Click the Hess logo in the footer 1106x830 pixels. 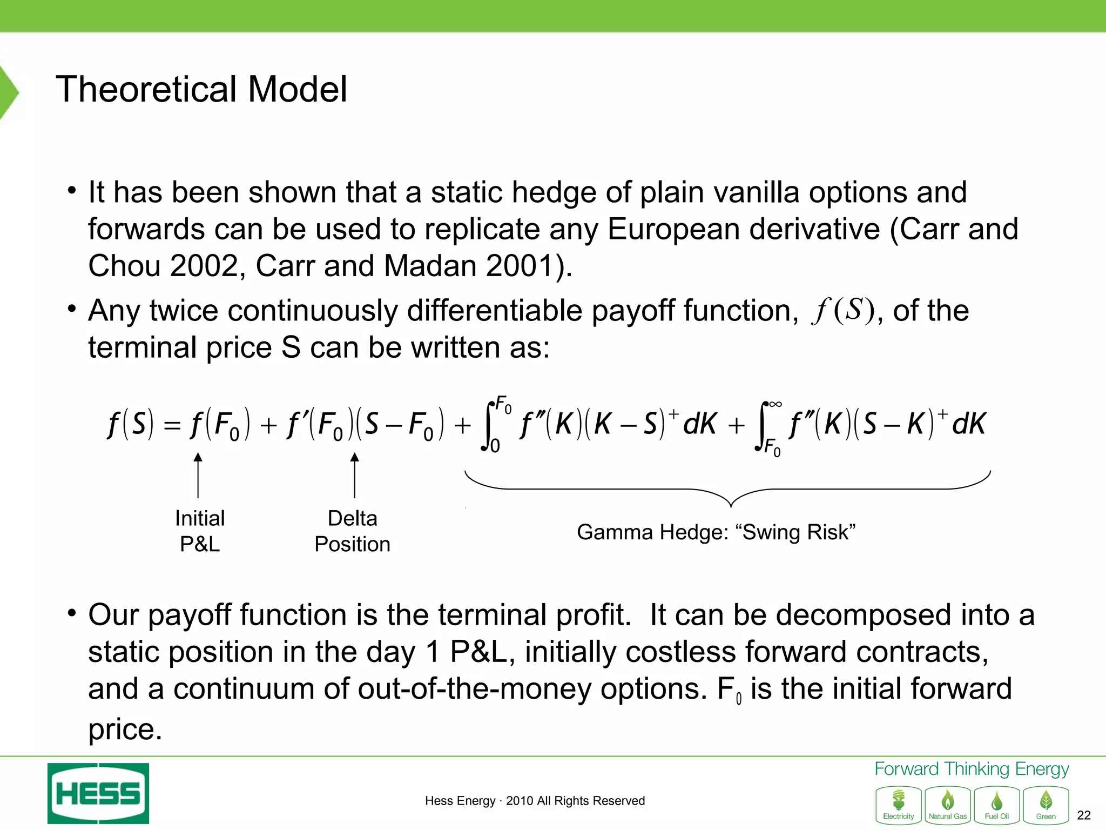point(98,793)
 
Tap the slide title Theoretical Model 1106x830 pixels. point(201,89)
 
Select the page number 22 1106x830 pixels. point(1083,815)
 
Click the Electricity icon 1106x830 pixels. point(899,805)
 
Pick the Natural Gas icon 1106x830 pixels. point(948,805)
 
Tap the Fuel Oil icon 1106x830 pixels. point(997,805)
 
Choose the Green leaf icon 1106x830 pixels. point(1046,805)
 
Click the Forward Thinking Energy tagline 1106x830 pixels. point(972,768)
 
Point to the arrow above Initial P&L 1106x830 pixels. point(198,474)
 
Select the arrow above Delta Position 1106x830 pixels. point(355,474)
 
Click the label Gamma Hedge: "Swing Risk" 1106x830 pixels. point(716,532)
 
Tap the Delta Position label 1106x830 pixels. point(353,531)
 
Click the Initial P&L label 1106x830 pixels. point(200,531)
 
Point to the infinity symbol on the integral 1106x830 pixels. point(775,404)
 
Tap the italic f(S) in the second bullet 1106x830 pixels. point(842,311)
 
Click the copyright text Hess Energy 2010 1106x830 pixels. point(535,800)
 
